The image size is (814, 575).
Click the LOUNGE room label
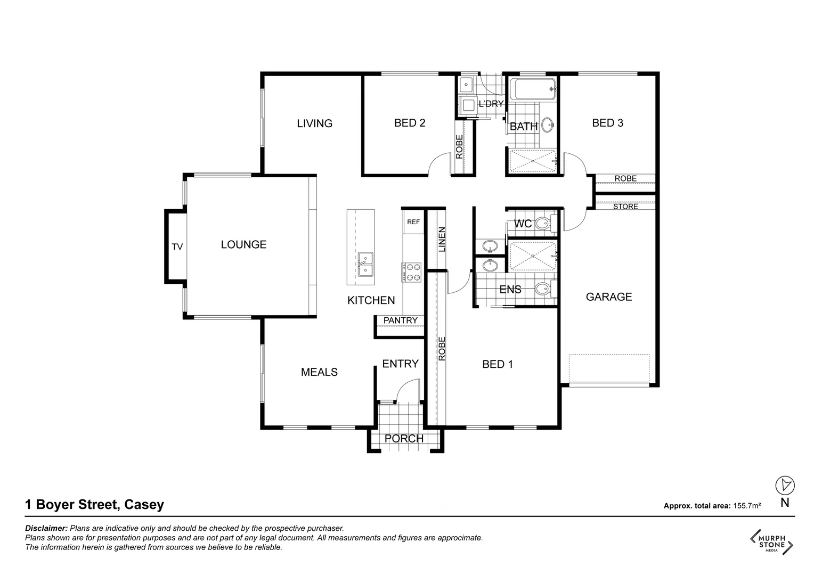pos(243,245)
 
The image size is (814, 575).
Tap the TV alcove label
pos(177,247)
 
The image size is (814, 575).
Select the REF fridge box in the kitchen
pos(413,222)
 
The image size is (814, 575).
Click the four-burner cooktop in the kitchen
pos(411,272)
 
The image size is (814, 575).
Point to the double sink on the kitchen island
pos(365,265)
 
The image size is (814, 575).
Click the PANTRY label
pos(401,320)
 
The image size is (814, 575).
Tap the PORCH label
pos(404,439)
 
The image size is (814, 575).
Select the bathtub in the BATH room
pos(532,89)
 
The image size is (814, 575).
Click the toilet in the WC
pos(543,224)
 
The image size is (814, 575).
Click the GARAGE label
pos(609,297)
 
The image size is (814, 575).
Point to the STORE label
pos(625,207)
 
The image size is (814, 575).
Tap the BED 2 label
pos(410,123)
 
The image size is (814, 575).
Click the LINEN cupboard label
pos(442,240)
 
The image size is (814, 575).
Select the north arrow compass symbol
pos(785,485)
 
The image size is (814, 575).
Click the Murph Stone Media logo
pos(772,541)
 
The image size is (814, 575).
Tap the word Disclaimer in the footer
pos(46,529)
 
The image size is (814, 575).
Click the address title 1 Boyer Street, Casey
pos(95,505)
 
